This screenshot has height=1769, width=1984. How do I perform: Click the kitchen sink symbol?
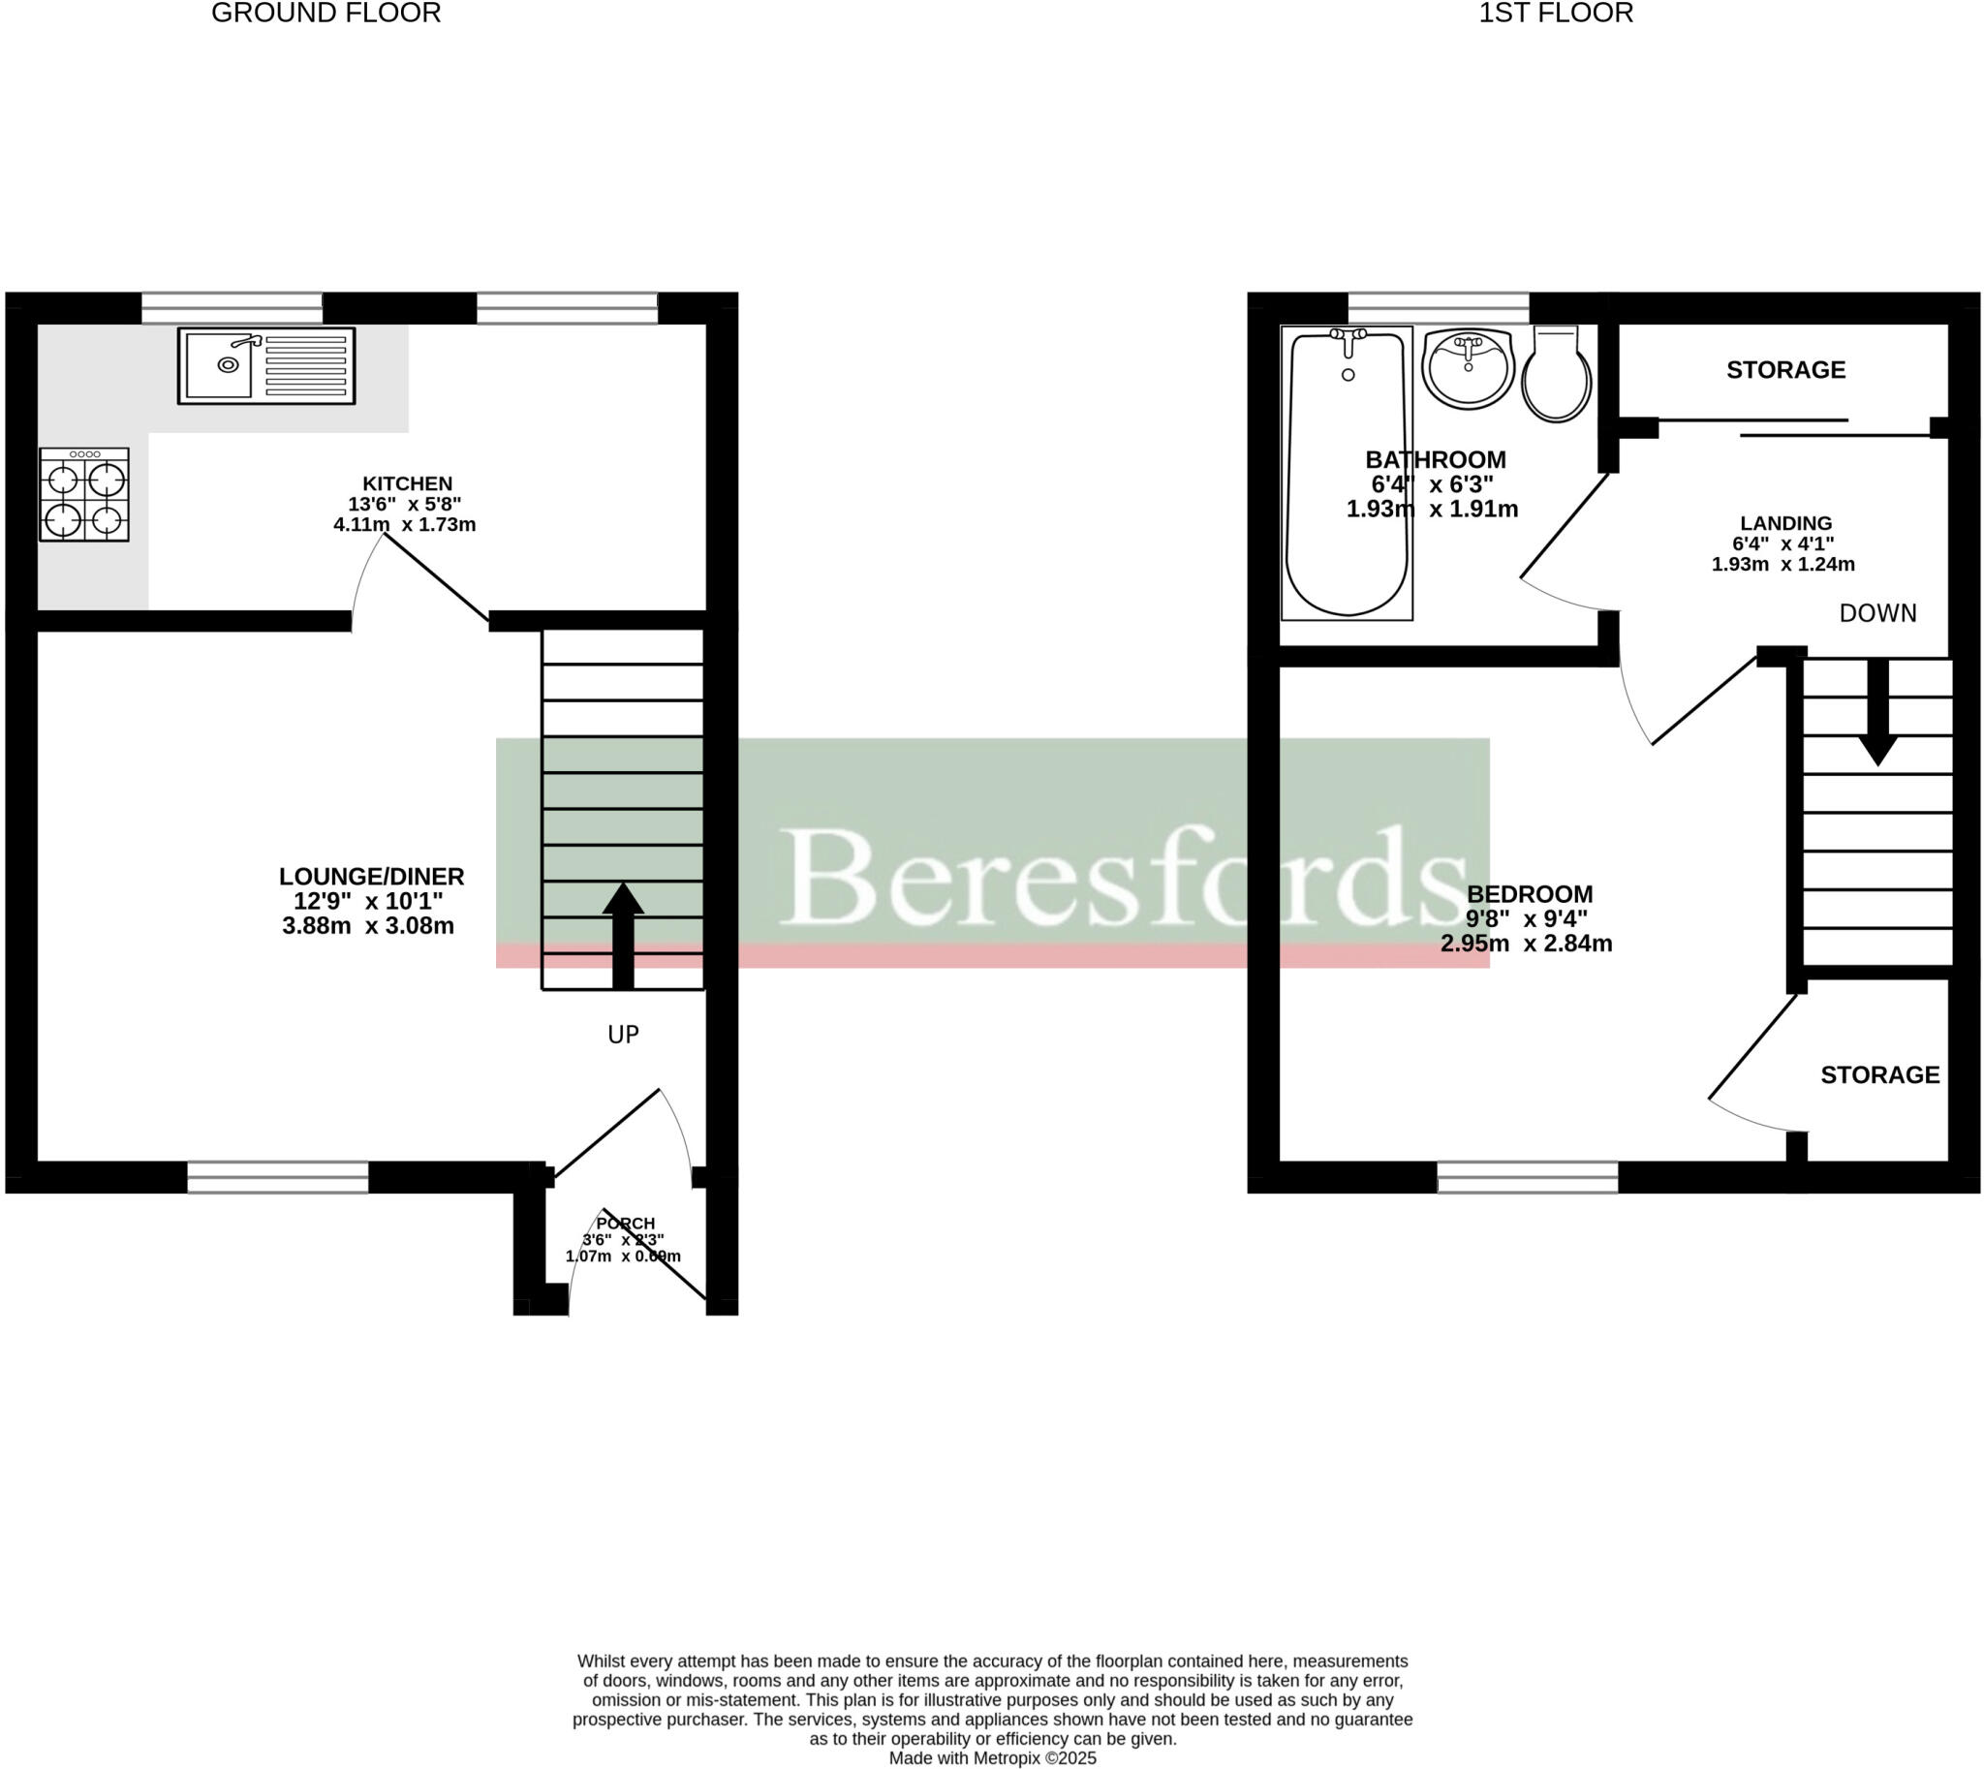click(266, 365)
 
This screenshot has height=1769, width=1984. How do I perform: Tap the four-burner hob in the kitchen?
click(84, 495)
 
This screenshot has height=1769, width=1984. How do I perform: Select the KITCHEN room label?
click(407, 484)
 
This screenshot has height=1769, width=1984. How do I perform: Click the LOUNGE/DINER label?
click(371, 877)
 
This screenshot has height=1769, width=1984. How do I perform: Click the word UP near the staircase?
click(623, 1036)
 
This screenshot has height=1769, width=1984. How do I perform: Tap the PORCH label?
click(625, 1224)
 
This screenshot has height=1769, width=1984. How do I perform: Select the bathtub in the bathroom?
click(1348, 474)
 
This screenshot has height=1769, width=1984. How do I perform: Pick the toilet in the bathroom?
click(1556, 375)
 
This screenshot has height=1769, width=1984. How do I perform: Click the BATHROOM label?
click(1436, 460)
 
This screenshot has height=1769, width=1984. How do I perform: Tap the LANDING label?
click(1785, 524)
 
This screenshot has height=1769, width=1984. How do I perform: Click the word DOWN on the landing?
click(1878, 613)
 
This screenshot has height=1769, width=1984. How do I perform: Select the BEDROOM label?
click(1529, 894)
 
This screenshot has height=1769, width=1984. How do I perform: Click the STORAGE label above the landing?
click(1785, 370)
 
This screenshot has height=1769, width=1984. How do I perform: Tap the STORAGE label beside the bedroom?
click(1880, 1075)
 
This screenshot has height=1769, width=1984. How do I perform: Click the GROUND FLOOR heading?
click(326, 14)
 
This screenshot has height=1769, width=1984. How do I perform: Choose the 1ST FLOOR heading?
click(1556, 14)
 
